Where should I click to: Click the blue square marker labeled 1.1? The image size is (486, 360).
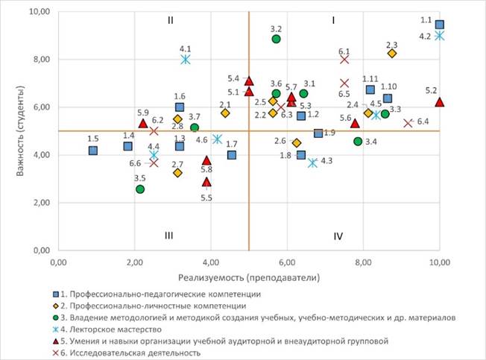pyautogui.click(x=440, y=25)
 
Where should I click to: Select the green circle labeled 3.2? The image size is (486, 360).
pyautogui.click(x=277, y=39)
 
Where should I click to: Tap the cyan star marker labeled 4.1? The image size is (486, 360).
pyautogui.click(x=185, y=60)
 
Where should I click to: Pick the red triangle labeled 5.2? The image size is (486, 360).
pyautogui.click(x=440, y=102)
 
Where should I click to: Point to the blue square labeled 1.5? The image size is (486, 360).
pyautogui.click(x=93, y=150)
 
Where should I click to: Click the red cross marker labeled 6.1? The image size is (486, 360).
pyautogui.click(x=344, y=60)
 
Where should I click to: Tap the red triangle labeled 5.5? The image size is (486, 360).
pyautogui.click(x=206, y=182)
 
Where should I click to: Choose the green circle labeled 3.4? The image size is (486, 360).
pyautogui.click(x=358, y=141)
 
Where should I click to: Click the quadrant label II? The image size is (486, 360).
pyautogui.click(x=171, y=20)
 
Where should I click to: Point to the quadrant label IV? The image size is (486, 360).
pyautogui.click(x=338, y=236)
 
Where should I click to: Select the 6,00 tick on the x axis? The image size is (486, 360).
pyautogui.click(x=287, y=262)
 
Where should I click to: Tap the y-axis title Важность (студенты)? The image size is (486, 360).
pyautogui.click(x=13, y=130)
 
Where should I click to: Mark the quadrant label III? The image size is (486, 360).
pyautogui.click(x=170, y=236)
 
